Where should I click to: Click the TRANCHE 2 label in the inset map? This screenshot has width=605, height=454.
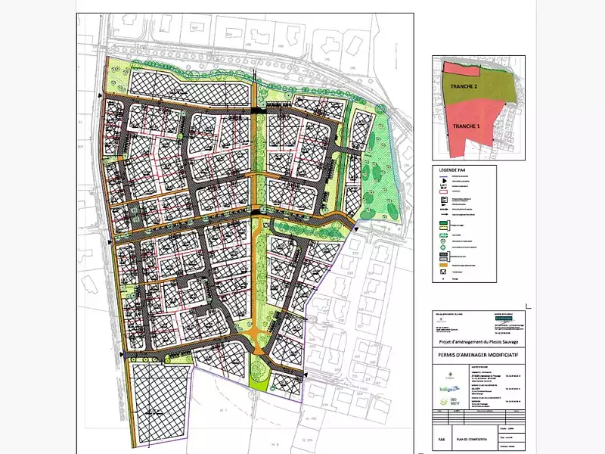pyautogui.click(x=464, y=87)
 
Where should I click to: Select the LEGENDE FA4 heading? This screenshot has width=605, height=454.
pyautogui.click(x=451, y=170)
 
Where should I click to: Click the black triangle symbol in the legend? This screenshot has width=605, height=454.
pyautogui.click(x=439, y=176)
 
